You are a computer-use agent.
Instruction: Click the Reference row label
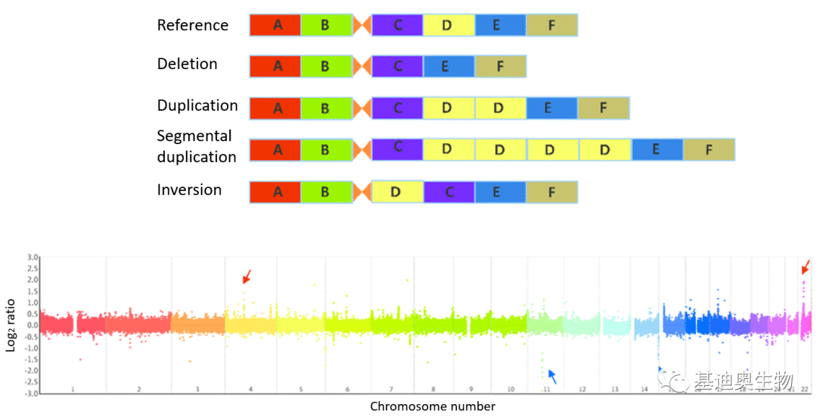(192, 25)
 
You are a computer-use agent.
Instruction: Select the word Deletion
(187, 64)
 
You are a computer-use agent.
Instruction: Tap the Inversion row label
(189, 190)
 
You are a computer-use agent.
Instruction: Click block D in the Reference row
(448, 25)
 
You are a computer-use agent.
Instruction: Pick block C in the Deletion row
(397, 67)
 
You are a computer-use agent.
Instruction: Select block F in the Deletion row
(500, 67)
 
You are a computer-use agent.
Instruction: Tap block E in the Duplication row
(551, 108)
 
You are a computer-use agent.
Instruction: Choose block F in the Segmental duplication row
(708, 149)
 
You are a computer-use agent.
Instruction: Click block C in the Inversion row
(449, 192)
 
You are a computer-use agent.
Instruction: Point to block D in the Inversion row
(397, 192)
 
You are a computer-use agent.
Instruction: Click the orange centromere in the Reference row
(363, 25)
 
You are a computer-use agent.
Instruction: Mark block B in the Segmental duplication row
(326, 149)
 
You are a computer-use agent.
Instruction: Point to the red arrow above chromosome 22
(806, 266)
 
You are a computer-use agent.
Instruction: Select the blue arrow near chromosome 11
(553, 376)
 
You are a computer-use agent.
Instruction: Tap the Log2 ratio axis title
(11, 326)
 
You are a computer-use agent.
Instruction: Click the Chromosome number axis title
(432, 406)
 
